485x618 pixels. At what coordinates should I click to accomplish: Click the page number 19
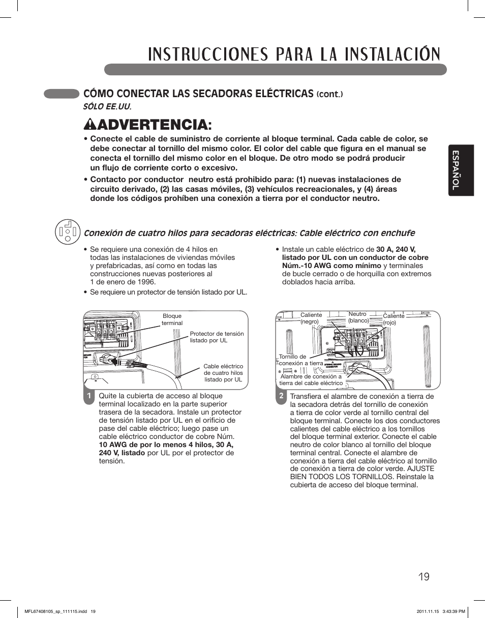(x=425, y=576)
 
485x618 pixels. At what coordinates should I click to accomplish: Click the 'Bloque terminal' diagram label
(x=172, y=319)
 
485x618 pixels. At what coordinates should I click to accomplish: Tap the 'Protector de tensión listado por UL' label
(x=217, y=337)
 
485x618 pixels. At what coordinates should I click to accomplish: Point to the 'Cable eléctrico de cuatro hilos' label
(x=223, y=373)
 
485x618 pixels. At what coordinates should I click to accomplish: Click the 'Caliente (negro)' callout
(x=311, y=318)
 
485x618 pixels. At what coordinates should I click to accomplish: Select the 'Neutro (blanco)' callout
(x=358, y=317)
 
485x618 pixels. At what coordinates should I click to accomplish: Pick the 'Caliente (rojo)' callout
(x=393, y=319)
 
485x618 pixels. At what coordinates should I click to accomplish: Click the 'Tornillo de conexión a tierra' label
(x=300, y=360)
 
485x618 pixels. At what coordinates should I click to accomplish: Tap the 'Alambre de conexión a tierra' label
(x=311, y=380)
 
